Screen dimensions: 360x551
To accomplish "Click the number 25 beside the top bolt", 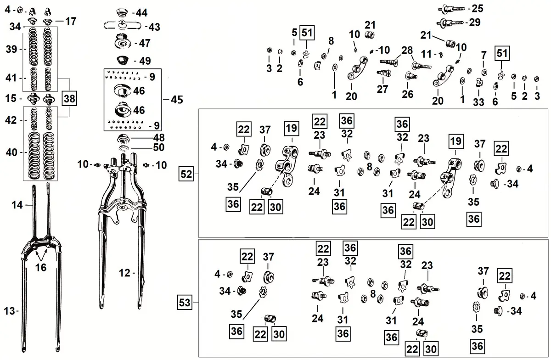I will pyautogui.click(x=478, y=8).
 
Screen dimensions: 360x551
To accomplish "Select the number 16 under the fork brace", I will pyautogui.click(x=41, y=267).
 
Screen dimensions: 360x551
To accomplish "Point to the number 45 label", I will pyautogui.click(x=176, y=99).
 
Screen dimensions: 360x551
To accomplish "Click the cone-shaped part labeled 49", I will pyautogui.click(x=122, y=60).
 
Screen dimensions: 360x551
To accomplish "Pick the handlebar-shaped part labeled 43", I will pyautogui.click(x=123, y=26).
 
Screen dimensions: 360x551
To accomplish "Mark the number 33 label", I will pyautogui.click(x=479, y=101).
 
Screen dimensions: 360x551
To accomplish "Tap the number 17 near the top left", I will pyautogui.click(x=71, y=21).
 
